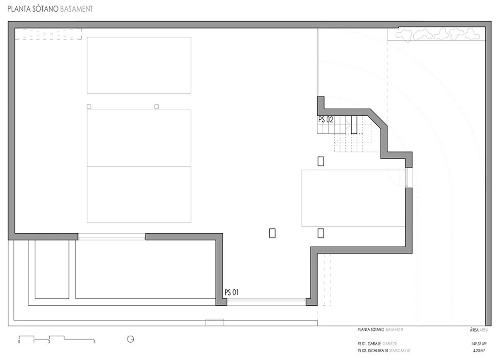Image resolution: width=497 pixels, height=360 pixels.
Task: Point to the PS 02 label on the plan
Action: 326,120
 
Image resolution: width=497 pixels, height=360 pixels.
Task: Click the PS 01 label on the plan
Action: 232,292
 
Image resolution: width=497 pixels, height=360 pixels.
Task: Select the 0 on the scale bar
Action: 19,342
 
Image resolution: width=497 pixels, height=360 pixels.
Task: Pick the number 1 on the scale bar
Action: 34,342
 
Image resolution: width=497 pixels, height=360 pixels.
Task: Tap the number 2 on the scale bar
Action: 49,342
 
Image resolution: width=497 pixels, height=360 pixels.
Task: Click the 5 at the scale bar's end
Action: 94,342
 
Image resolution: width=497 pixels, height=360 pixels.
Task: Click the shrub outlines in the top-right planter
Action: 435,34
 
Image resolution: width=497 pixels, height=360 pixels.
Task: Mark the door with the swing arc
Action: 408,178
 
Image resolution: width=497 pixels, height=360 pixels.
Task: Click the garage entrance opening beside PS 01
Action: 266,301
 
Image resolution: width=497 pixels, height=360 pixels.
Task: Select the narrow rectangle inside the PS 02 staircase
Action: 354,125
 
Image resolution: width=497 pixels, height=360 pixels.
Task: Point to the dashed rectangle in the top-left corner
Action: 48,34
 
